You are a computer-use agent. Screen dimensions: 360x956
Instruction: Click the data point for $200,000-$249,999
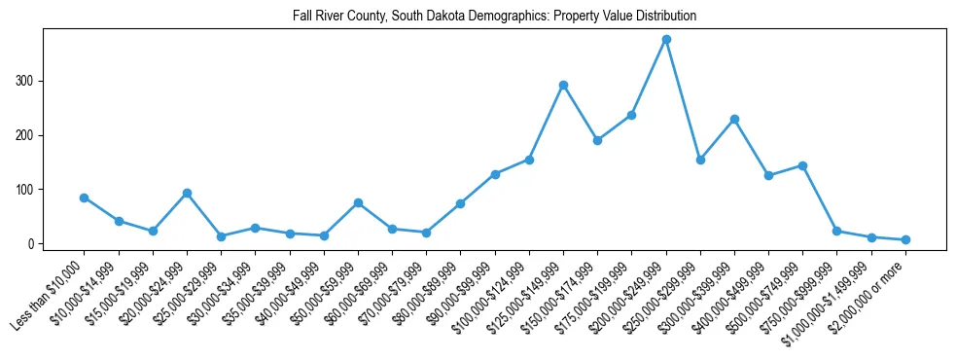coord(666,39)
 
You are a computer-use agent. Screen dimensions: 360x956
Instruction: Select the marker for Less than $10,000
coord(85,198)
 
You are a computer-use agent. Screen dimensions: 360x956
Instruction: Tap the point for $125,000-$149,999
coord(563,85)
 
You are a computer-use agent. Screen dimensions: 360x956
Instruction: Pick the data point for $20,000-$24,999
coord(187,193)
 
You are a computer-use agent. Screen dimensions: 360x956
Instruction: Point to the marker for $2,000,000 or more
coord(905,239)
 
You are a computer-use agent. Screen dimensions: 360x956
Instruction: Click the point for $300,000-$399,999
coord(734,119)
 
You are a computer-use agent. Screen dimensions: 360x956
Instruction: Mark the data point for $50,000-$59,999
coord(358,202)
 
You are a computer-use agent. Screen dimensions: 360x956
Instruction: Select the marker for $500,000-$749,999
coord(802,165)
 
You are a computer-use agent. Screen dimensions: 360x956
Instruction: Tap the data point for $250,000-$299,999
coord(700,160)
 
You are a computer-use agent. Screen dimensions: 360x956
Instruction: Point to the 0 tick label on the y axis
coord(32,243)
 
